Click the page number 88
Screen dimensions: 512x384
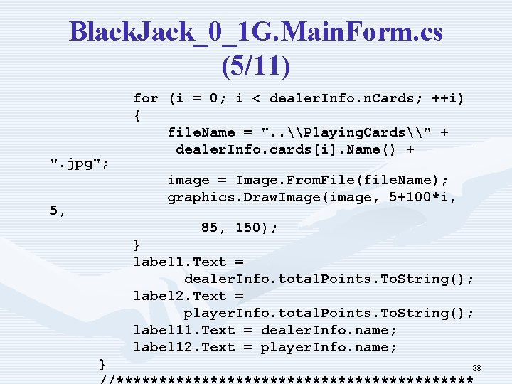(477, 368)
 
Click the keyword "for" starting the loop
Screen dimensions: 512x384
(146, 98)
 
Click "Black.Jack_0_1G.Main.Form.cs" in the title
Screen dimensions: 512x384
(256, 32)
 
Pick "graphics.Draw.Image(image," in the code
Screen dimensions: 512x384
(270, 198)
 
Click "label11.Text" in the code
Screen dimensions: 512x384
(183, 330)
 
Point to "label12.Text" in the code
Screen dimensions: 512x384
(183, 347)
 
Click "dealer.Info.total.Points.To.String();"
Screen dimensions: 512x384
(329, 279)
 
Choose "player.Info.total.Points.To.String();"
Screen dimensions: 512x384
(329, 313)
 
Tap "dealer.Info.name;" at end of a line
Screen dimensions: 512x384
(329, 330)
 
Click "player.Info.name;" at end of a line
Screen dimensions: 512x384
(329, 347)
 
